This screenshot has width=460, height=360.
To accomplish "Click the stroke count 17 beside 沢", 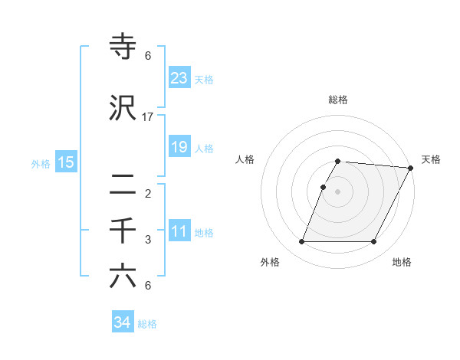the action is click(148, 117).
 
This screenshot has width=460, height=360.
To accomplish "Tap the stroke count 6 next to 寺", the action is click(148, 55).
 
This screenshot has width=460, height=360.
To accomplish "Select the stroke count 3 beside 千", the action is click(148, 240).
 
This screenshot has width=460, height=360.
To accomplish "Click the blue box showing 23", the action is click(179, 77).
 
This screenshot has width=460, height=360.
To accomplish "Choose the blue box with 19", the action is click(179, 146).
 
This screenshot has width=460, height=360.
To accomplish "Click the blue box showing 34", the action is click(123, 322).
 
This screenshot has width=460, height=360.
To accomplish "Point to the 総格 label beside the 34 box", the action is click(148, 324).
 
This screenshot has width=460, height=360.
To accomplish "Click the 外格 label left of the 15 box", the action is click(41, 163).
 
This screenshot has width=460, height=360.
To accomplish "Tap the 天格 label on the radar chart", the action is click(431, 159).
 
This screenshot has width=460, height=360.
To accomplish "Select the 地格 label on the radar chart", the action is click(402, 263).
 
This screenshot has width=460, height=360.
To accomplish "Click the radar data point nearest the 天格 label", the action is click(411, 168).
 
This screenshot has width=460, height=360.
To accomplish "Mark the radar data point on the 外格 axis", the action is click(301, 242).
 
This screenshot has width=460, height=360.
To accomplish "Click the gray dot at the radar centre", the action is click(337, 191).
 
